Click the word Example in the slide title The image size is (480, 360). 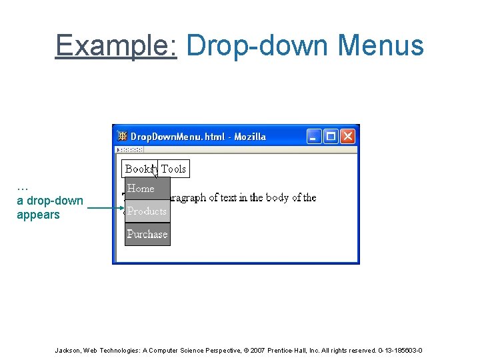point(115,45)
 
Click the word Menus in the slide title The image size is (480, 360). point(381,45)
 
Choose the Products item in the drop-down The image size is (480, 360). point(147,211)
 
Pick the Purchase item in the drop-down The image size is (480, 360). point(147,234)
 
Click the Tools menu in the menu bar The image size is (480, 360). point(173,169)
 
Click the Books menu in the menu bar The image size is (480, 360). point(138,169)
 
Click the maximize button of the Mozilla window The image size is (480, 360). point(331,137)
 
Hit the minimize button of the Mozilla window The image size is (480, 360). point(314,137)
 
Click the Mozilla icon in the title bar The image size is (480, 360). point(123,137)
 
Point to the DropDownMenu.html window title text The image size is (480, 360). point(198,137)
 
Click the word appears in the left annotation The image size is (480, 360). point(38,215)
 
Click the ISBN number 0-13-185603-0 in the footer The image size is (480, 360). point(400,351)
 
